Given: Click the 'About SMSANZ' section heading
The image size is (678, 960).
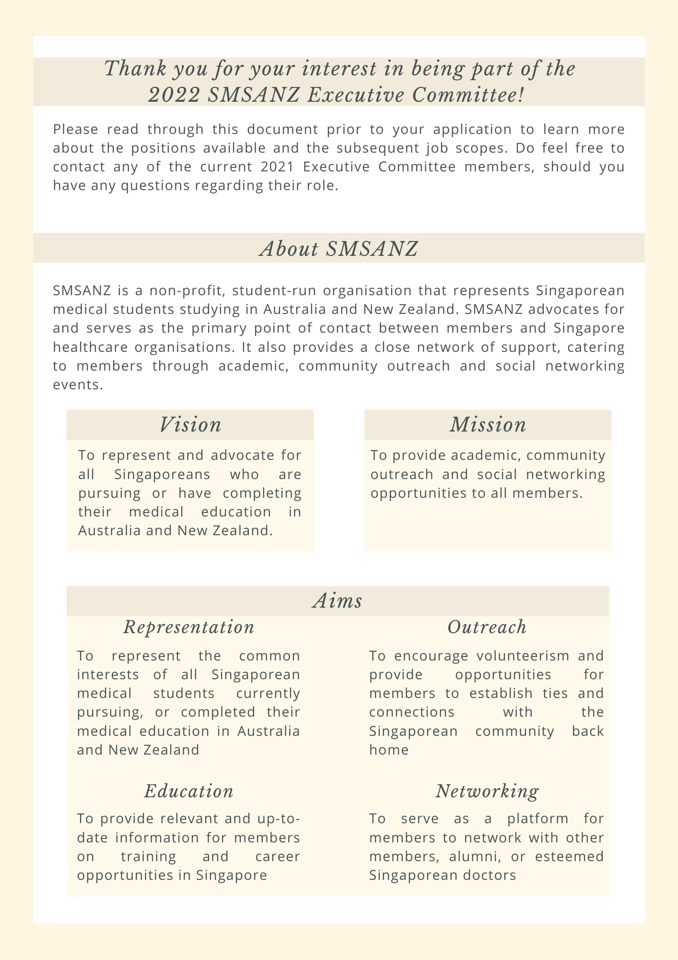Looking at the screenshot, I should point(339,249).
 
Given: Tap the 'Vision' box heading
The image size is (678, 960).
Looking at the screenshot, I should point(190,425).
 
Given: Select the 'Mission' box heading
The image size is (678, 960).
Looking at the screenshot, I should point(488,425).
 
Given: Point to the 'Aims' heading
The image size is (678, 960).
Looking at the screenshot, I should point(338,601).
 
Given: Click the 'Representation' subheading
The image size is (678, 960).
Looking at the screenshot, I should point(189,627).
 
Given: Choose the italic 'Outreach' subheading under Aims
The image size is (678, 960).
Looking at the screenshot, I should point(487,627).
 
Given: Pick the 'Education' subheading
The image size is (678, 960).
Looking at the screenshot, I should point(189,792).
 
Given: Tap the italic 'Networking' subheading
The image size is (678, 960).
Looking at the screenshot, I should point(487,792).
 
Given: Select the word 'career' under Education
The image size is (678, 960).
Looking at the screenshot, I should point(277,857).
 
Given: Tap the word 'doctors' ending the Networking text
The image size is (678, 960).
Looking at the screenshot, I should point(491,876).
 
